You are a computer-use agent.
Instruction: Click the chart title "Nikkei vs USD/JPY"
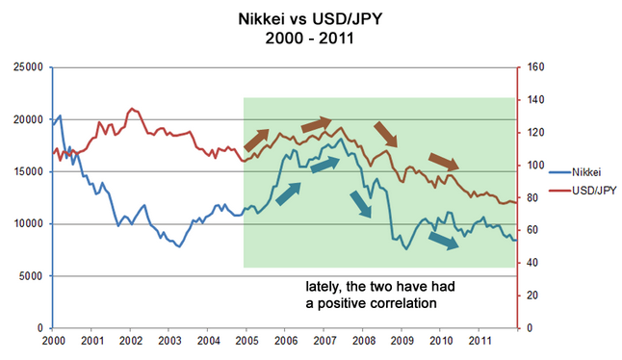click(x=310, y=18)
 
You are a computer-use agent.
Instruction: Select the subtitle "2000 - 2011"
click(x=309, y=39)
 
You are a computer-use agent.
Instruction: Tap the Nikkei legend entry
click(x=575, y=172)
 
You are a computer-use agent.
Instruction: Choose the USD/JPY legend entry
click(x=583, y=191)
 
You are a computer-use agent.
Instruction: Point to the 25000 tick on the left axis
click(x=28, y=67)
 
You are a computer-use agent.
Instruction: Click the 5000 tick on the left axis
click(x=31, y=276)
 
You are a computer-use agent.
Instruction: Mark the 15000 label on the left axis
click(x=28, y=171)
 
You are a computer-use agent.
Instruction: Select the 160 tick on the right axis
click(x=535, y=67)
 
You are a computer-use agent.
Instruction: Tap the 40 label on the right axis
click(x=532, y=263)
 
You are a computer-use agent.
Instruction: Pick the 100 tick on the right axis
click(x=535, y=165)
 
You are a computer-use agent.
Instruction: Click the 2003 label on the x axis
click(x=169, y=341)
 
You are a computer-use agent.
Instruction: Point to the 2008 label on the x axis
click(x=364, y=341)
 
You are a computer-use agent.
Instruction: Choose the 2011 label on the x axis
click(x=480, y=341)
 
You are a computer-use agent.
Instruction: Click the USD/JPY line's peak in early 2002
click(x=132, y=108)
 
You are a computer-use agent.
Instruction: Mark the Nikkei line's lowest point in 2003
click(x=179, y=246)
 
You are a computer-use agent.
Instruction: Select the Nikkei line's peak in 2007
click(x=341, y=139)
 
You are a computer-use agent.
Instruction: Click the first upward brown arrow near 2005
click(x=257, y=140)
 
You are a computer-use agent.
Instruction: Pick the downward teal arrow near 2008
click(x=361, y=204)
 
